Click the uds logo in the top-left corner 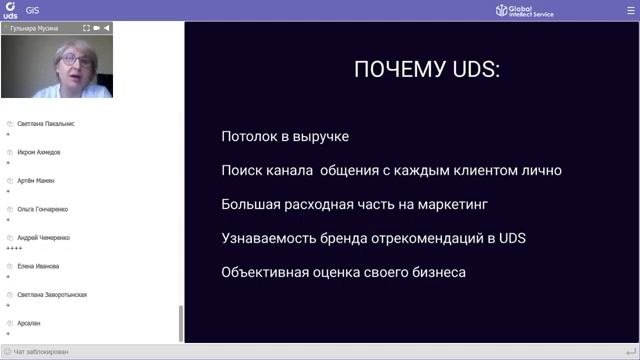pos(10,10)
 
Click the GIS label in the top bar pos(33,10)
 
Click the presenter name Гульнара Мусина pos(36,28)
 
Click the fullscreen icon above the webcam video pos(86,28)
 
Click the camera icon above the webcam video pos(98,28)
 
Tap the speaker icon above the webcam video pos(108,28)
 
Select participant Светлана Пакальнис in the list pos(46,124)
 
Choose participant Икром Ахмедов pos(39,152)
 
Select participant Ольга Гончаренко pos(43,209)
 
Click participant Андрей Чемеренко pos(44,238)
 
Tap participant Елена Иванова pos(38,266)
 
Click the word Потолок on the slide pos(251,136)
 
